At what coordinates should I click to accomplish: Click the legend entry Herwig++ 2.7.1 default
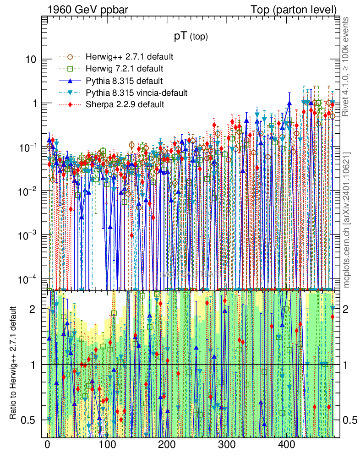click(129, 57)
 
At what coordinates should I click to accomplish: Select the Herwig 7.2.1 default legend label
click(124, 69)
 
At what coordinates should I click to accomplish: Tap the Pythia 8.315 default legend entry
click(124, 81)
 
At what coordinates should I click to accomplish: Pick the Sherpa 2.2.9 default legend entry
click(125, 104)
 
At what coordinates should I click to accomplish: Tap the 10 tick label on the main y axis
click(29, 60)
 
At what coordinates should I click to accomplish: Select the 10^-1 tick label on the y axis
click(27, 147)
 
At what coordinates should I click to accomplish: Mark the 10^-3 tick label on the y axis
click(27, 235)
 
